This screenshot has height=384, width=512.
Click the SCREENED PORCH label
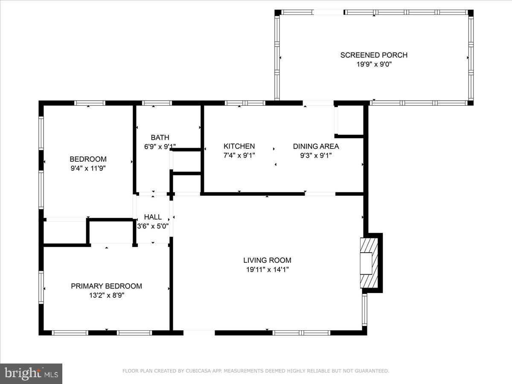coord(374,55)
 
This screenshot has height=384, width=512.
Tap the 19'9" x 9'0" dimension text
coord(374,64)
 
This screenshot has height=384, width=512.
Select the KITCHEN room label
coord(239,146)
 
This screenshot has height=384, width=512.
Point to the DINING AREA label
coord(316,146)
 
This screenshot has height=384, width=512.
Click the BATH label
coord(160,137)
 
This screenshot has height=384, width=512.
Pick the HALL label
coord(153,217)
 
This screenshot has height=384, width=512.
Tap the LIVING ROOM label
coord(267,260)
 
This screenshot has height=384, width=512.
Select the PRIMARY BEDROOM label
coord(106,286)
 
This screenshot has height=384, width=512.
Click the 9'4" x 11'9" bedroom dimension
coord(88,168)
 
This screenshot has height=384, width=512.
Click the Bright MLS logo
coord(31,373)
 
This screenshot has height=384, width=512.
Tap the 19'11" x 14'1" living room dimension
coord(267,269)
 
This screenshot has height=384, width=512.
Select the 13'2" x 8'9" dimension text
coord(106,295)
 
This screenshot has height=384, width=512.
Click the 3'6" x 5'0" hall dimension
coord(153,226)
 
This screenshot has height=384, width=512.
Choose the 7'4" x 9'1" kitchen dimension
coord(239,155)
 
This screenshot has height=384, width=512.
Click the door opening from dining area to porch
coord(318,103)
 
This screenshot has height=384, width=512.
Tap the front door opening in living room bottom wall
coord(199,332)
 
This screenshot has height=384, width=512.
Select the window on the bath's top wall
coord(157,103)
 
